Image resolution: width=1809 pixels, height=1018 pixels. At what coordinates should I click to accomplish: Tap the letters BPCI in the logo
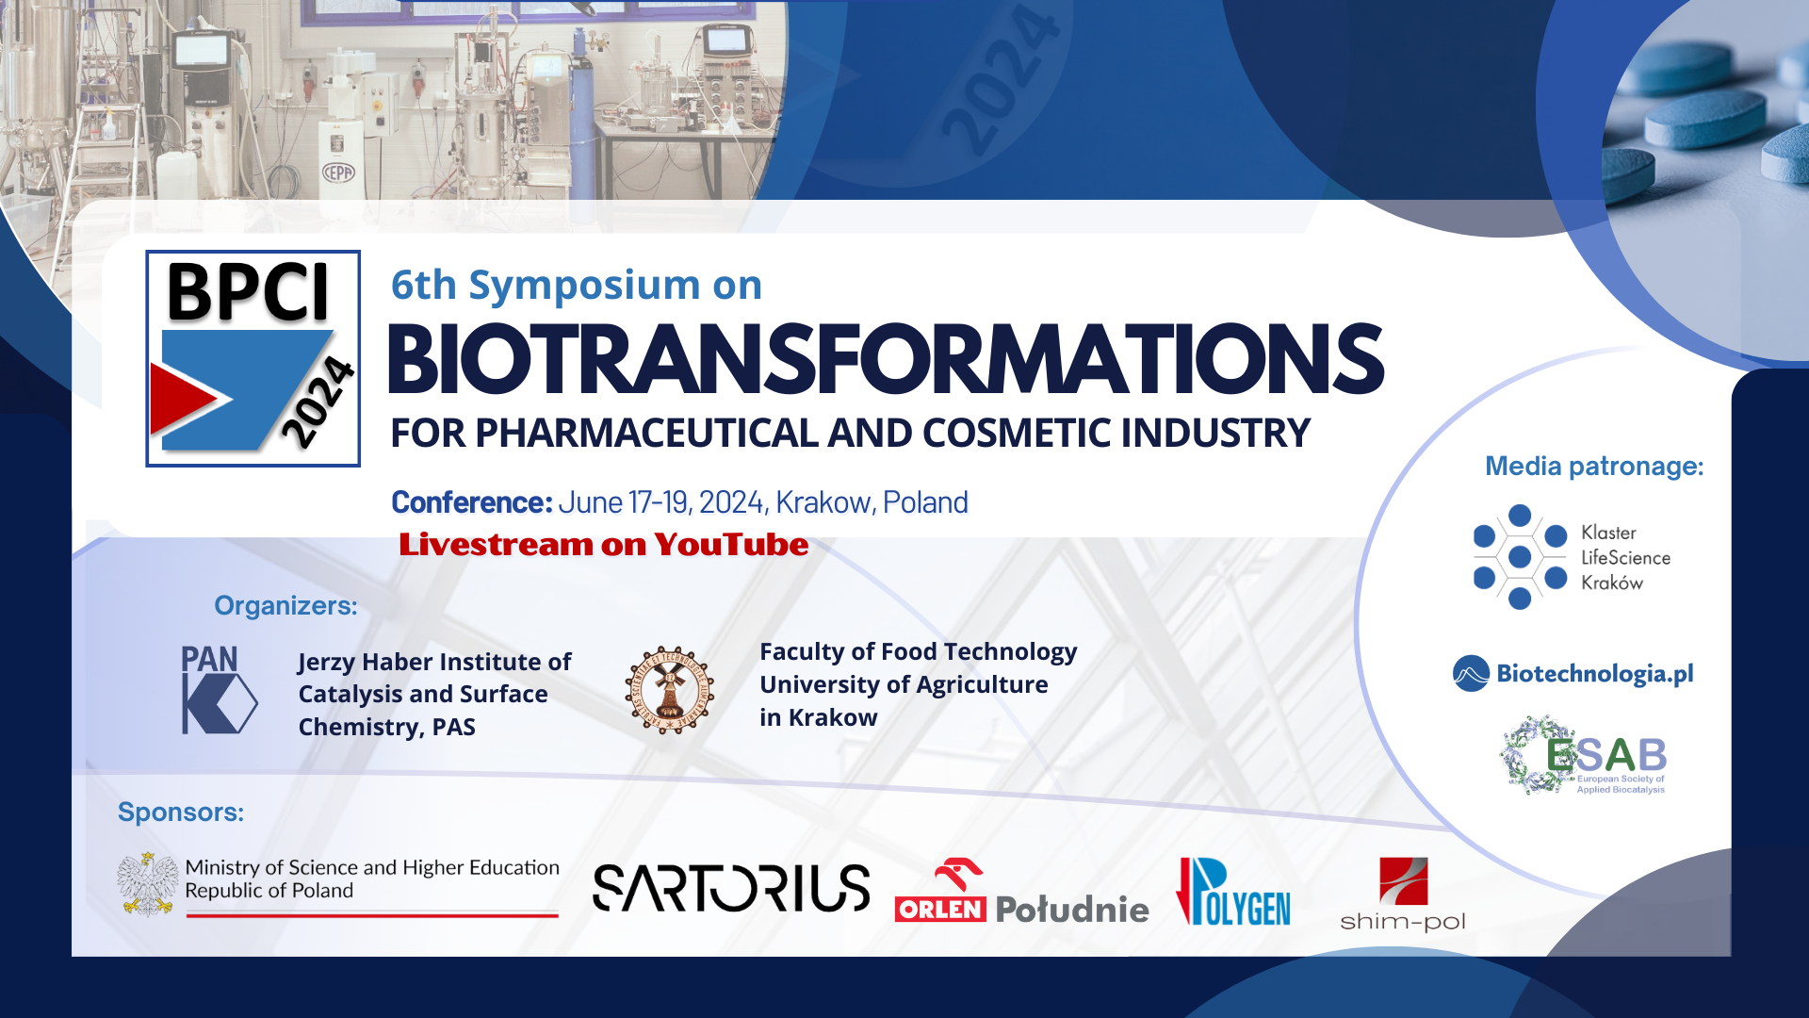click(248, 293)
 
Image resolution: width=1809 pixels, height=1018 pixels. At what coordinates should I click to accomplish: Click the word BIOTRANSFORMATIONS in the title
click(884, 360)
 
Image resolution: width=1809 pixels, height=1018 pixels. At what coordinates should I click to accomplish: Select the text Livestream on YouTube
click(603, 545)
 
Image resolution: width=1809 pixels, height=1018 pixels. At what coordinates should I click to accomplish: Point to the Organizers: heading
click(285, 605)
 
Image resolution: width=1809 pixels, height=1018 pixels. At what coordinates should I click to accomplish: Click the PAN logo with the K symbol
click(218, 690)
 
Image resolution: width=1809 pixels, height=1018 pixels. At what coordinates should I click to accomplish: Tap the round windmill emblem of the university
click(669, 691)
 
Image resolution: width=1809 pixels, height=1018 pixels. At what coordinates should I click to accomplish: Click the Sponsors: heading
click(180, 812)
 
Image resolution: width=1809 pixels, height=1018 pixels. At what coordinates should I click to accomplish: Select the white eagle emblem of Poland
click(148, 884)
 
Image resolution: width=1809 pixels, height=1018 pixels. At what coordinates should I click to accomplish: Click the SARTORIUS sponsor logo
click(731, 888)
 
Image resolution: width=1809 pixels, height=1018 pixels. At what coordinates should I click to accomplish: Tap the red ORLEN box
click(939, 909)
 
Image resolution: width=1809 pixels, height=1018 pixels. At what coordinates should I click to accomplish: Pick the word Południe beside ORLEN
click(1071, 909)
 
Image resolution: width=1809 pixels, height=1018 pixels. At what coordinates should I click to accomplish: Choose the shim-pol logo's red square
click(1403, 880)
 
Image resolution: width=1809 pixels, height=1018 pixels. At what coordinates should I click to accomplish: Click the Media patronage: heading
click(1594, 466)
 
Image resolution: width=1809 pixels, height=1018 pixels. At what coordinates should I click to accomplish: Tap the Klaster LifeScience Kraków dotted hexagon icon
click(1519, 557)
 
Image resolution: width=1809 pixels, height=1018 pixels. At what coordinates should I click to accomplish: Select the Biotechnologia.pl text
click(1594, 673)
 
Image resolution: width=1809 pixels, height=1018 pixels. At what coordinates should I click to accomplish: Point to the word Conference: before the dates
click(471, 502)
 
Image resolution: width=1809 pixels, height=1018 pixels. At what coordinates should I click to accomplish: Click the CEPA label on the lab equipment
click(338, 172)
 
